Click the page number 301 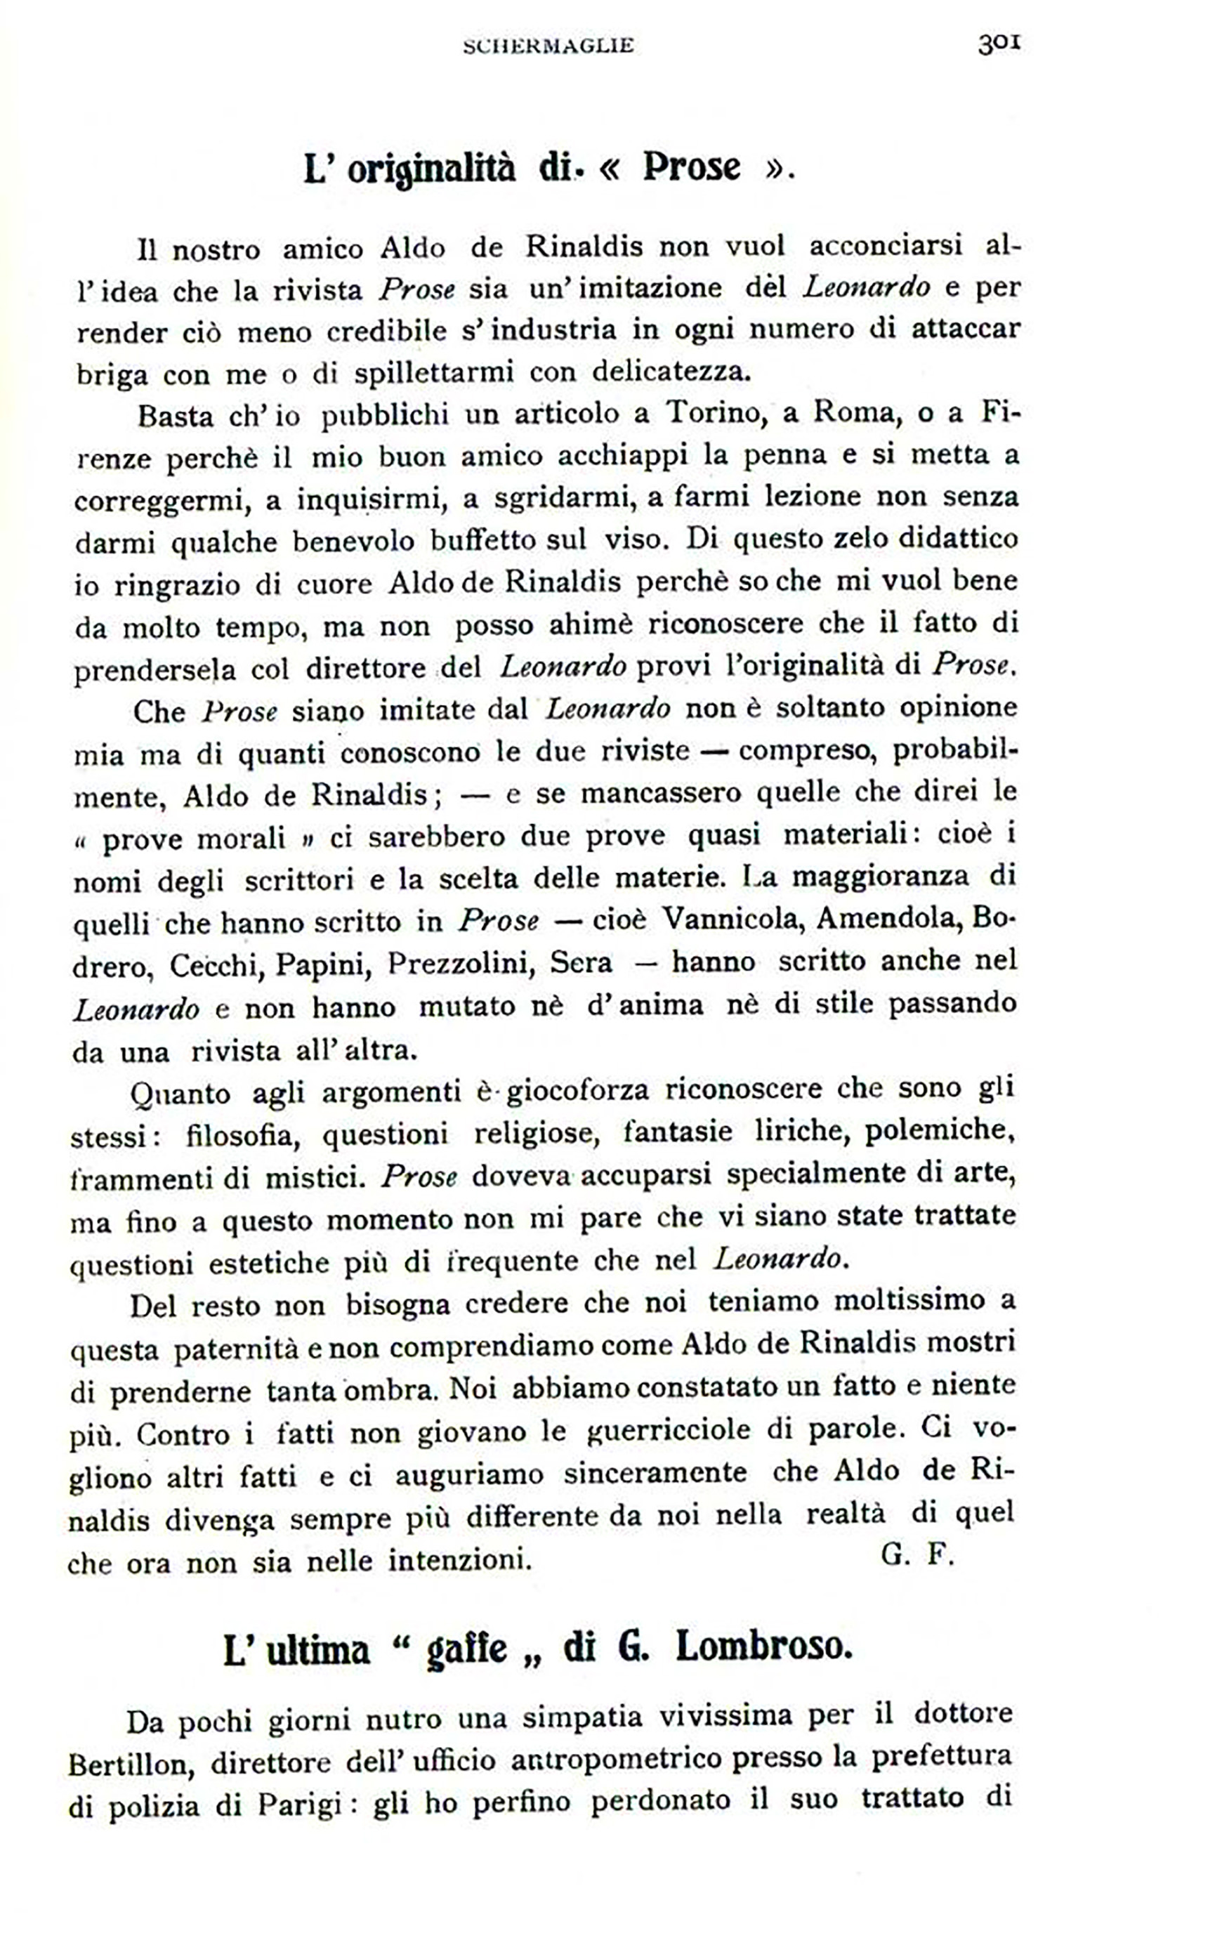click(999, 44)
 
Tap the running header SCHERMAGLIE click(548, 47)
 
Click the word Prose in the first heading click(691, 167)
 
